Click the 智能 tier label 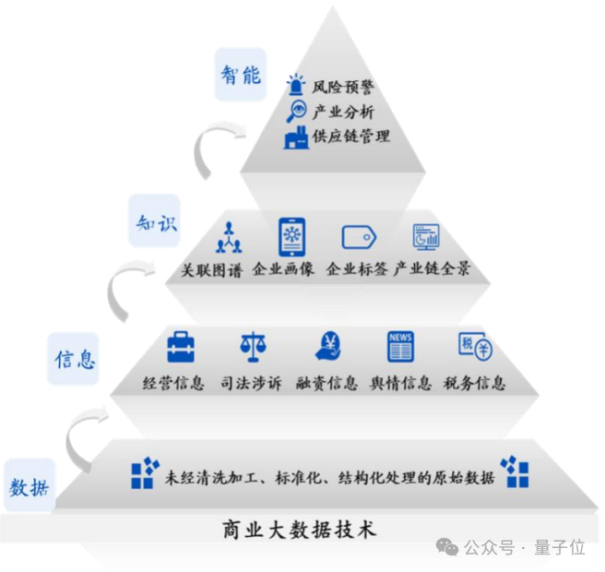(x=240, y=74)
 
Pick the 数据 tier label (x=30, y=486)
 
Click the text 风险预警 (x=342, y=89)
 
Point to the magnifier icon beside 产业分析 (x=297, y=113)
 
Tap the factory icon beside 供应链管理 (x=296, y=137)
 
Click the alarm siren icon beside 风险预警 (x=296, y=86)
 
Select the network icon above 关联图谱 (x=228, y=239)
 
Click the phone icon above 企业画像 (x=292, y=236)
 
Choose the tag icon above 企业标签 (x=359, y=238)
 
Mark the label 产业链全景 (x=432, y=269)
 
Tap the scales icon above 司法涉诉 (x=252, y=347)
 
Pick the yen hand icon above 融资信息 (x=328, y=346)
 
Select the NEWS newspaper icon (x=400, y=346)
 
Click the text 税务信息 (x=474, y=383)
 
